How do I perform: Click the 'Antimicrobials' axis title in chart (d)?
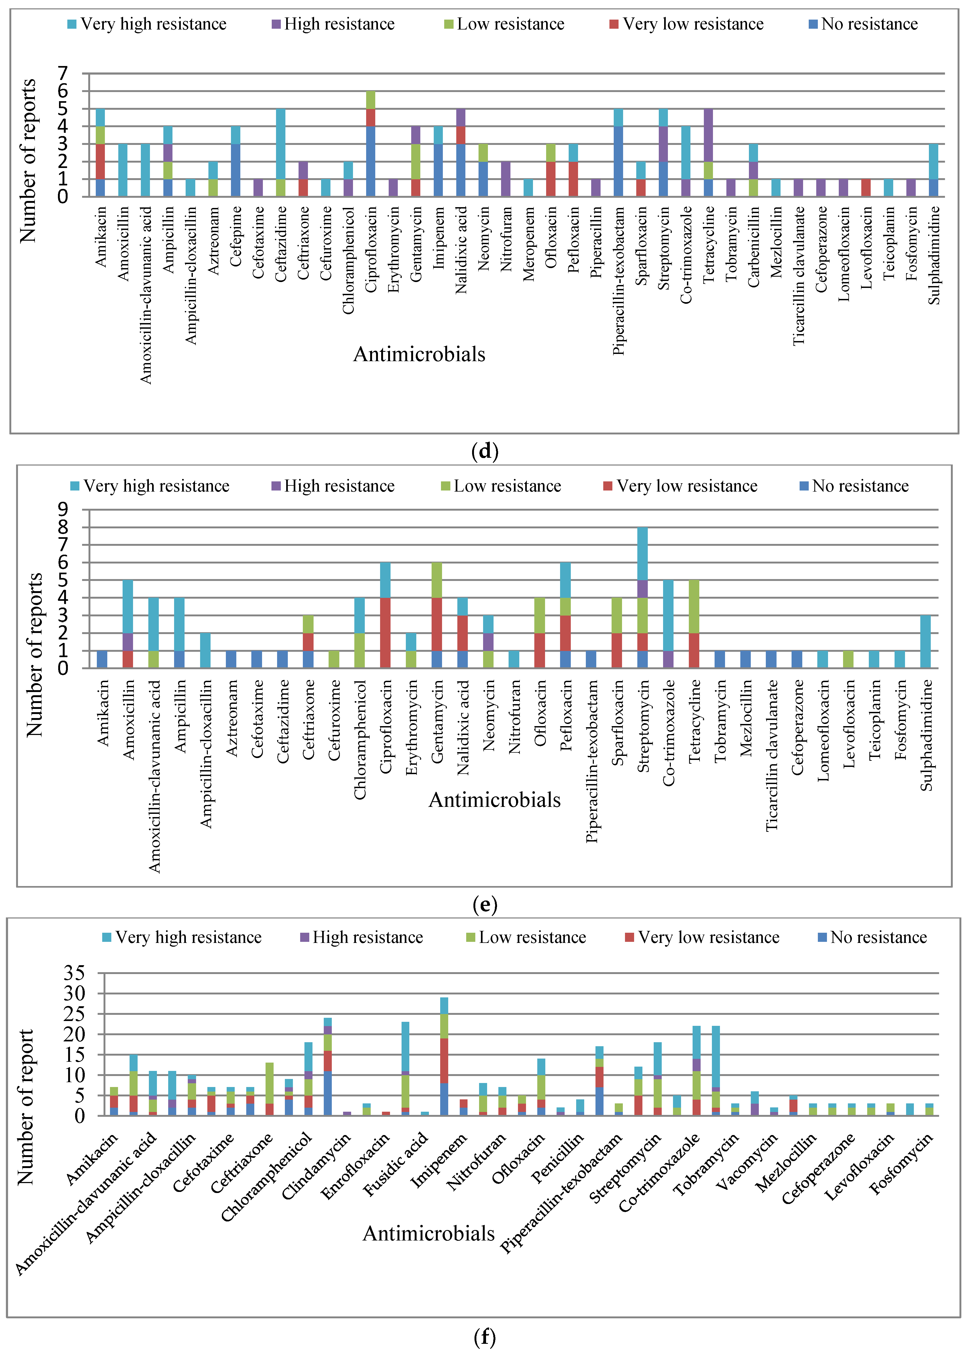(419, 355)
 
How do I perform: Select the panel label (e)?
(485, 905)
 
